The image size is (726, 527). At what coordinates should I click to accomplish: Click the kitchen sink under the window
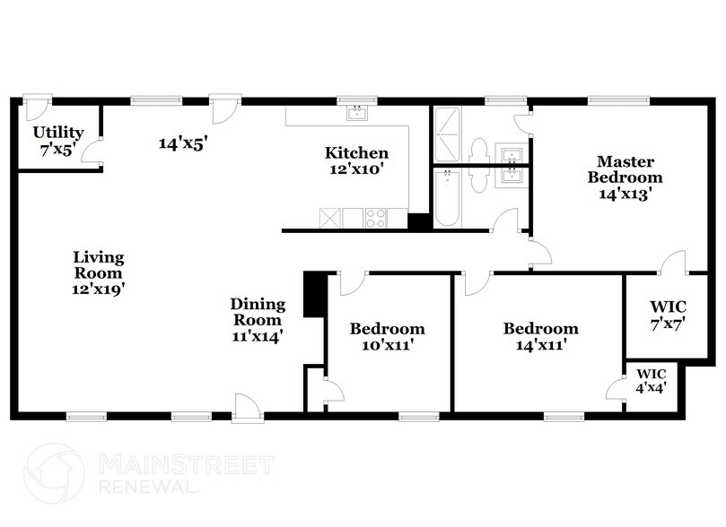357,113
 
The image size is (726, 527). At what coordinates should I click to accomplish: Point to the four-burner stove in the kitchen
376,217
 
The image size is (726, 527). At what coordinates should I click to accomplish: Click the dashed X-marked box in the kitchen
329,217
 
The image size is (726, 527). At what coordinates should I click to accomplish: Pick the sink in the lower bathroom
512,176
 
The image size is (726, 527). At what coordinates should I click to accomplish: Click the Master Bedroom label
618,176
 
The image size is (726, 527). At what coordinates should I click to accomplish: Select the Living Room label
98,273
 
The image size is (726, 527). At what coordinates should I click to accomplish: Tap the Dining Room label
258,320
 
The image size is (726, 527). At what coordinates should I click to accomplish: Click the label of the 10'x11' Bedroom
387,335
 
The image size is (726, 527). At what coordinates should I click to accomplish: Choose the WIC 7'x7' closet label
667,315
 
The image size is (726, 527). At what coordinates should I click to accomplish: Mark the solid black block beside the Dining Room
314,294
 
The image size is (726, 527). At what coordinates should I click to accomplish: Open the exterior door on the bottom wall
245,408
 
